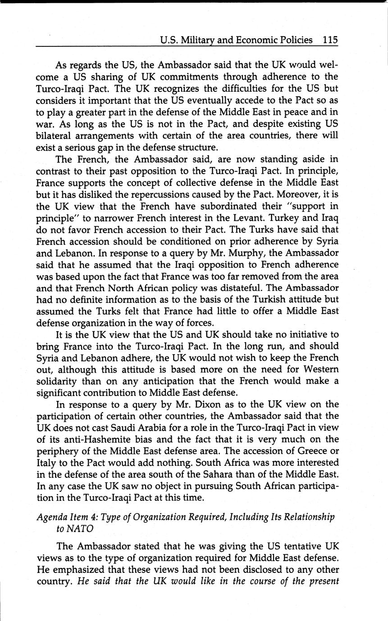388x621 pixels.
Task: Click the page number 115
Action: pyautogui.click(x=330, y=40)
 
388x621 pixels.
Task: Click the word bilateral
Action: pyautogui.click(x=55, y=135)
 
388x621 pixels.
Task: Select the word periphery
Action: pyautogui.click(x=58, y=451)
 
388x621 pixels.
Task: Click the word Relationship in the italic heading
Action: pyautogui.click(x=309, y=517)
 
